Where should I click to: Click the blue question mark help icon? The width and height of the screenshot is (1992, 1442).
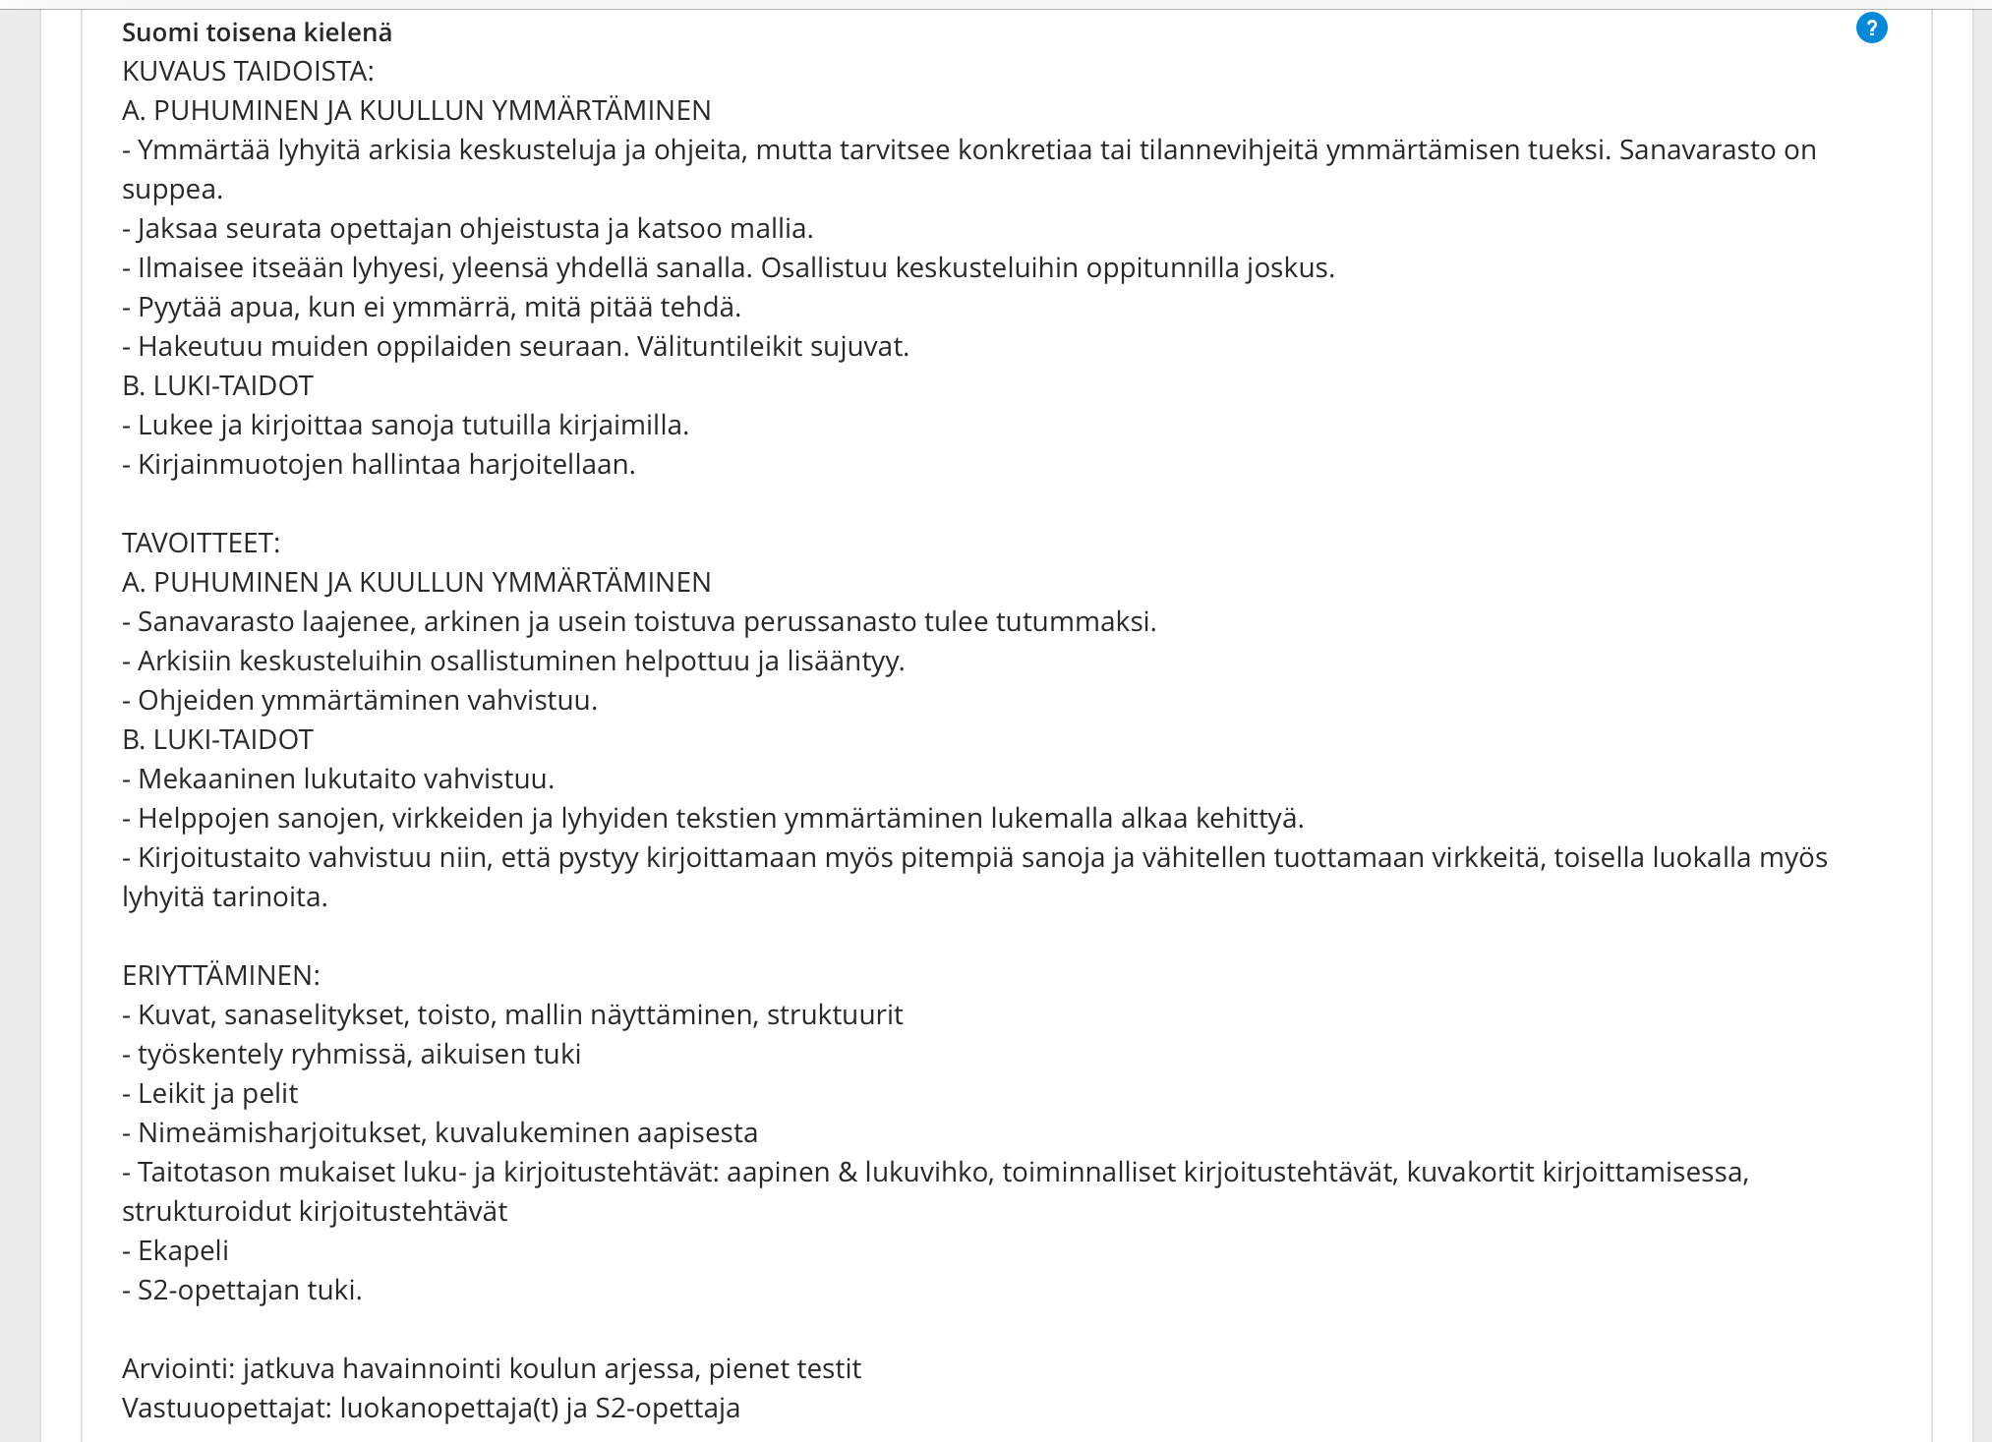click(x=1871, y=29)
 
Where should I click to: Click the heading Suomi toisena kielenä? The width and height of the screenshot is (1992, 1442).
click(x=257, y=32)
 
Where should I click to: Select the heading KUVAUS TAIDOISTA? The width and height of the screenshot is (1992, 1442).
click(x=248, y=71)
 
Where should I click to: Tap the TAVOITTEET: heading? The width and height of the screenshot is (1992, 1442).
click(x=201, y=543)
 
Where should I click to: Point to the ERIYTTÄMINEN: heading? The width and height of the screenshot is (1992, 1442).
click(x=220, y=975)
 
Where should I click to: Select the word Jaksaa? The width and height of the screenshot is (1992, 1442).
click(x=178, y=228)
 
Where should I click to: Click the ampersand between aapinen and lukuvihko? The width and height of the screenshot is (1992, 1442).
click(x=848, y=1172)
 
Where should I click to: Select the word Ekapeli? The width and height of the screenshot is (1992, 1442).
click(x=183, y=1250)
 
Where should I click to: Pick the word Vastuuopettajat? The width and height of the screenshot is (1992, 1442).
click(x=226, y=1408)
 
